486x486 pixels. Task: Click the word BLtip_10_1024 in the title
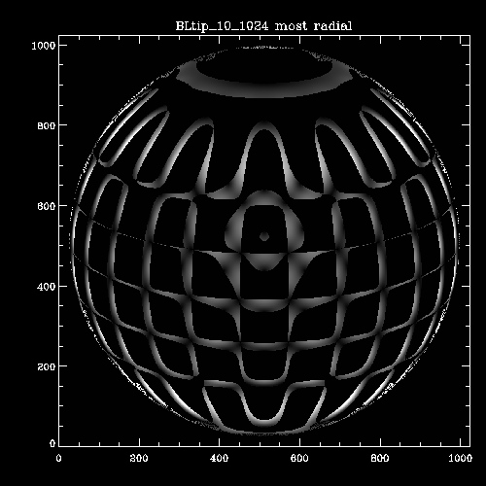[x=222, y=26]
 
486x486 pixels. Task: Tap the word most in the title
[x=291, y=26]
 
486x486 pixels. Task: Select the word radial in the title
[x=332, y=26]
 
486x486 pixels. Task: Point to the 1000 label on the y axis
[x=44, y=46]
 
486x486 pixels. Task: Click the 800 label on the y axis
[x=47, y=125]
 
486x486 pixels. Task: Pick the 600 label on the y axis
[x=47, y=206]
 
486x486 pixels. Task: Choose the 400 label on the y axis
[x=47, y=287]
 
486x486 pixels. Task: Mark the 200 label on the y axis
[x=47, y=366]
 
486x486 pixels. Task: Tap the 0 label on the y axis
[x=52, y=443]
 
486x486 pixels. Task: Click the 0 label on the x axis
[x=58, y=458]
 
